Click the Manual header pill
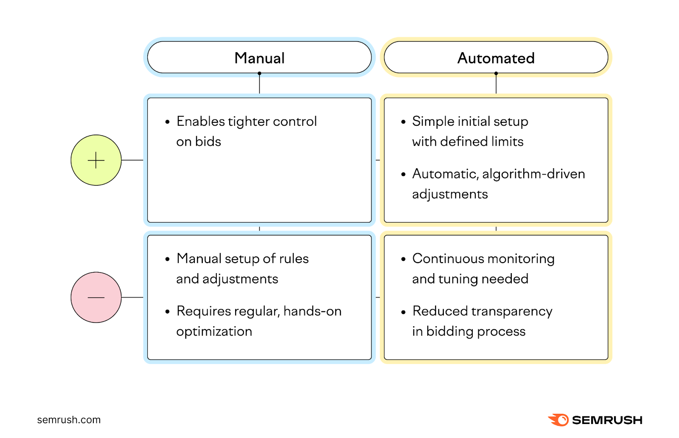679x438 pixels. (259, 57)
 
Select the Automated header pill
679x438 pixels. (496, 57)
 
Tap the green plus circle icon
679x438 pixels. (96, 160)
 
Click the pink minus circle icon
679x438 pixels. (96, 297)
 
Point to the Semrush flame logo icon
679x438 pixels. (558, 420)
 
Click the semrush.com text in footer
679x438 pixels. (69, 420)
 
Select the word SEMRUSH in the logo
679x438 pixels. (607, 420)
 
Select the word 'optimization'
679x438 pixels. (214, 331)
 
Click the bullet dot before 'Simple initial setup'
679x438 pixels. (403, 122)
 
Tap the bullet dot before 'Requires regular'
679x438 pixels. (167, 312)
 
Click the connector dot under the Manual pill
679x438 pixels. (259, 73)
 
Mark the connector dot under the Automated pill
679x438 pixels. (496, 73)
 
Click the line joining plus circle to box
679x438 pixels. (132, 160)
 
